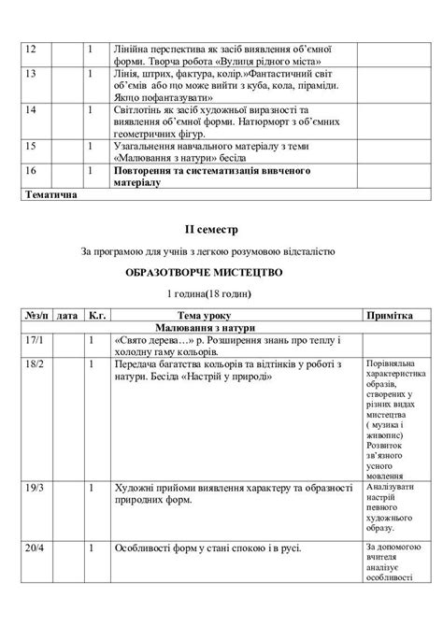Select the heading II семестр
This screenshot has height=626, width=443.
(221, 228)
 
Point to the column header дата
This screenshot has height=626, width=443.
(66, 316)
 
